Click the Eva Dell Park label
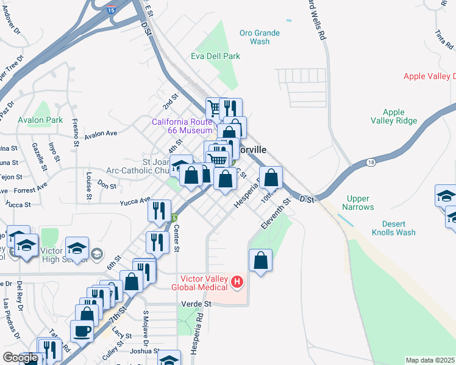pyautogui.click(x=215, y=56)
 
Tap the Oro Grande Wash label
pyautogui.click(x=260, y=37)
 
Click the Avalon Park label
pyautogui.click(x=41, y=120)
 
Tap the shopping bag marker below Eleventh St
pyautogui.click(x=260, y=260)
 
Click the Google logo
pyautogui.click(x=20, y=358)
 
